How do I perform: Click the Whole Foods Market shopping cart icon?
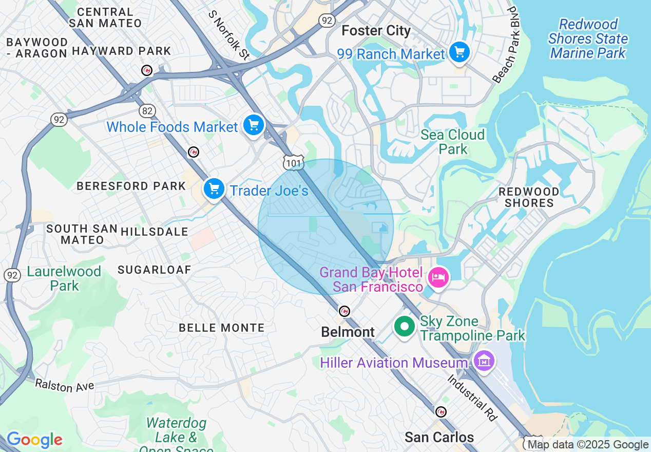tap(253, 125)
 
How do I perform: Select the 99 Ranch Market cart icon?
tap(459, 52)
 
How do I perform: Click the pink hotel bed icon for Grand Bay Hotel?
tap(438, 278)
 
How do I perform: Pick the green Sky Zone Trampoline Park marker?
tap(405, 326)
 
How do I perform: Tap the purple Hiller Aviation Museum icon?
tap(484, 362)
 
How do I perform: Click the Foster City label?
tap(376, 31)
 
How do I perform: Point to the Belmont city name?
tap(348, 332)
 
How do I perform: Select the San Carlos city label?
tap(439, 438)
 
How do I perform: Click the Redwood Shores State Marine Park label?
tap(588, 39)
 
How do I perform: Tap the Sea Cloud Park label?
tap(452, 142)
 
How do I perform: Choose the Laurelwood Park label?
tap(64, 278)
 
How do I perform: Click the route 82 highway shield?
tap(147, 110)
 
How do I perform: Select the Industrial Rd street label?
tap(472, 398)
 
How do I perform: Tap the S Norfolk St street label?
tap(228, 34)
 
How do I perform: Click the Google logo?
tap(34, 440)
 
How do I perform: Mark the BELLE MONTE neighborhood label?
tap(221, 328)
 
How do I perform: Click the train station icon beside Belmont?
tap(344, 311)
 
